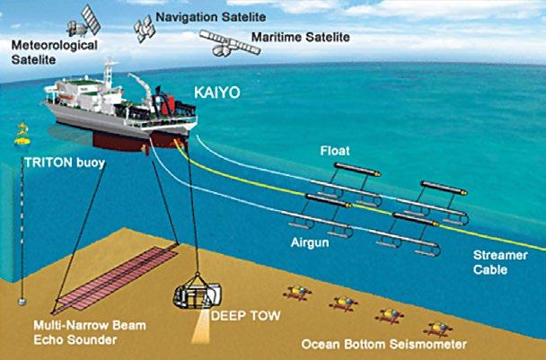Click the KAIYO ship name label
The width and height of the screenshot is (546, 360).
tap(217, 92)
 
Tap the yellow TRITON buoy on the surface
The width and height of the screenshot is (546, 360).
tap(22, 136)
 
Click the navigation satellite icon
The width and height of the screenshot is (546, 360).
tap(143, 24)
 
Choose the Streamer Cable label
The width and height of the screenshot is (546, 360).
tap(500, 260)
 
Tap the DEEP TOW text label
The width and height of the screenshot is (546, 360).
tap(240, 315)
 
